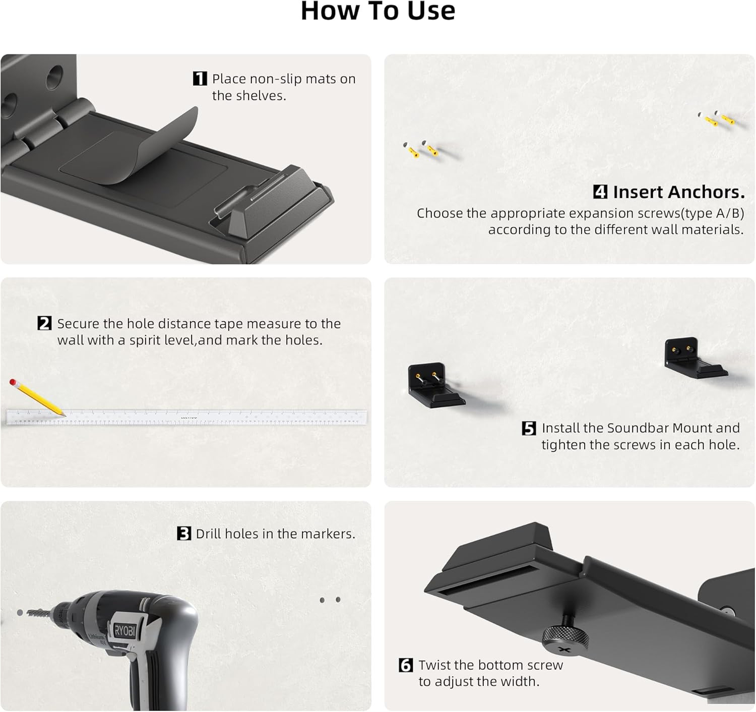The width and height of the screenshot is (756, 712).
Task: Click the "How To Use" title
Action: [x=377, y=11]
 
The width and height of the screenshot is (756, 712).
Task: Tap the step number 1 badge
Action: [x=200, y=79]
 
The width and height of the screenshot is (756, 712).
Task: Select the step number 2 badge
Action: [x=44, y=323]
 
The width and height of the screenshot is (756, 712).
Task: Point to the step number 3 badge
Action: [x=184, y=533]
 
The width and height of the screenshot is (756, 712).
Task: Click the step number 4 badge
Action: [x=600, y=192]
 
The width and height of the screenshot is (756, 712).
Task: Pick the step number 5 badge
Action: [x=529, y=428]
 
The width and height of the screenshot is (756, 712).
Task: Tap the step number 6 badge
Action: [x=406, y=665]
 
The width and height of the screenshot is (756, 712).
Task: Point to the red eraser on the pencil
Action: [x=13, y=383]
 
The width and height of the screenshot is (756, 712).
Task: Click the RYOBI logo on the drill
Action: [x=124, y=630]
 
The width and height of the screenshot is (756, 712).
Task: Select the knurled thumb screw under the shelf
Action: [x=565, y=637]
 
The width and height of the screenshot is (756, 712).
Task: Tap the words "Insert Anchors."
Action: [x=678, y=192]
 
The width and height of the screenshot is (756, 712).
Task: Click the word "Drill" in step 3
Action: [x=208, y=533]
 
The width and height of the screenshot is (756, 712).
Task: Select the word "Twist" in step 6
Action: [x=435, y=665]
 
